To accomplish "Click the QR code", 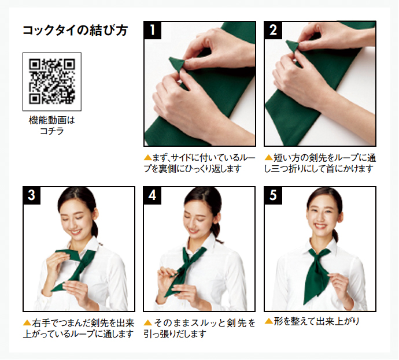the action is pos(52,81).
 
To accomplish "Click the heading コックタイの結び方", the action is pos(75,30).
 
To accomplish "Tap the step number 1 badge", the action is pos(153,30).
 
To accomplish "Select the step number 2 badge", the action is pos(273,30).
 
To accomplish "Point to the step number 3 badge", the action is pos(32,195).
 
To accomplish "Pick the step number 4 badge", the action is pos(152,195).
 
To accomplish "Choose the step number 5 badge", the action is pos(273,195).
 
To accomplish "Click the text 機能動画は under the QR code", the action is pos(52,120).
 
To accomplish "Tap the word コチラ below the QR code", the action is pos(52,131).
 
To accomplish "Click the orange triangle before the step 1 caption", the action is pos(148,158).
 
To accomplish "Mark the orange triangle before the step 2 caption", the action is pos(269,158).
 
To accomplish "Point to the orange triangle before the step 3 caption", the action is pos(27,323).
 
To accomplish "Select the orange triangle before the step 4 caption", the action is pos(148,323).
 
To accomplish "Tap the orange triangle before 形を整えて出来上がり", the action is pos(269,321).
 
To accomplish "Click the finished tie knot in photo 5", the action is pos(319,257).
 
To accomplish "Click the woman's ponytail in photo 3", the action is pos(95,228).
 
